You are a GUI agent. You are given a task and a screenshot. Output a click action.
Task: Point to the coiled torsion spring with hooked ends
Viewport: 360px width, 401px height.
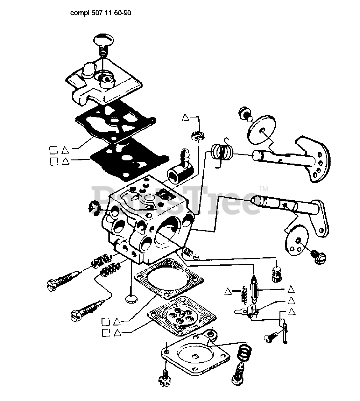[x=222, y=152]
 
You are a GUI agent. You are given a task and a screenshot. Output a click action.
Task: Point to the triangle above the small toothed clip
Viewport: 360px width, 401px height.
[x=185, y=117]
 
